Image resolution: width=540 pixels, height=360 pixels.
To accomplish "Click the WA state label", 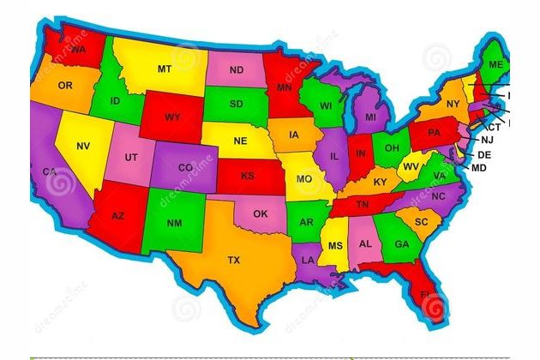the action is tap(79, 50).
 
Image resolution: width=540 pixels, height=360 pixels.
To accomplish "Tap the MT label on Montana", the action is tap(164, 68).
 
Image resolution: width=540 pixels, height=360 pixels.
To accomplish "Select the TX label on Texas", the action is tap(233, 259).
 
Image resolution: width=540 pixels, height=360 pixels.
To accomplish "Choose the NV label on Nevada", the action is tap(83, 147).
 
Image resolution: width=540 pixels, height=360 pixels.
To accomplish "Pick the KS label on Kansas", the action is tap(248, 176).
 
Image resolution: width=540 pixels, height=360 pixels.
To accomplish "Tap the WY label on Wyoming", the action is tap(172, 117).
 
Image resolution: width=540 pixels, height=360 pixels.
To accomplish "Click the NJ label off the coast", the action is tap(487, 140).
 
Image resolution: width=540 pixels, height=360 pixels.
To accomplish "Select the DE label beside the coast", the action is tap(484, 154).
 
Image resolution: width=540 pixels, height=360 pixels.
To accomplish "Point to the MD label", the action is tap(479, 168).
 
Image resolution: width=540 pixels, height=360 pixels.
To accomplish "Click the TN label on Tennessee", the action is tap(363, 205).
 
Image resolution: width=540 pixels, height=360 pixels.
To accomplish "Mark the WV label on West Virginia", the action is tap(411, 166).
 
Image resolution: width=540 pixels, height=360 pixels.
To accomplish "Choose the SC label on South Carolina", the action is tap(421, 221).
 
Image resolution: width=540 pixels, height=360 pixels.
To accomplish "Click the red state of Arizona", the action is tap(118, 215).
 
